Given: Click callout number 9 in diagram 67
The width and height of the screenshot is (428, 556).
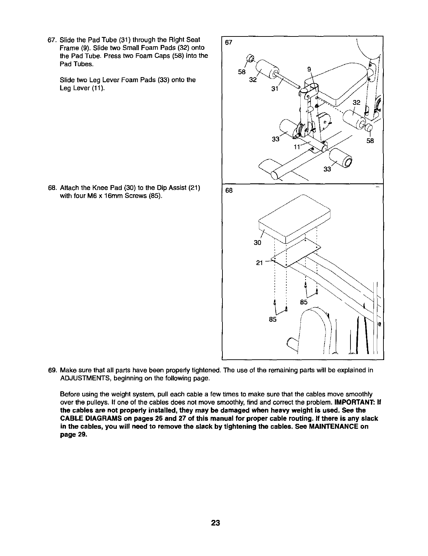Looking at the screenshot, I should [309, 69].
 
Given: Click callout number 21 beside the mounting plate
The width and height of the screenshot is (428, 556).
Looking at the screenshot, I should [260, 263].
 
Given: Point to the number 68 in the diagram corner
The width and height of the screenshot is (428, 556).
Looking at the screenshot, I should [229, 190].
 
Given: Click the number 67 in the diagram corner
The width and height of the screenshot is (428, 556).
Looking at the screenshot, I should [229, 42].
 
